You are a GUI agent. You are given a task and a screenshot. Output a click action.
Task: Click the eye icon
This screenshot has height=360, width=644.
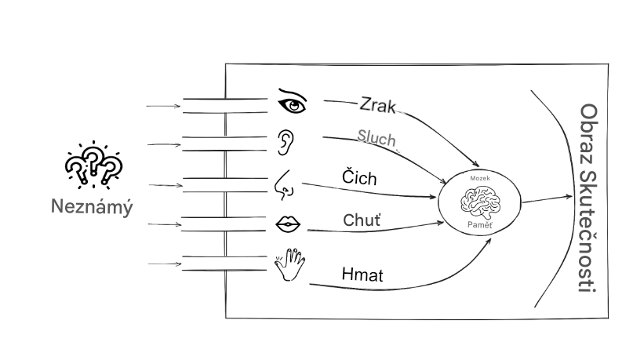[293, 101]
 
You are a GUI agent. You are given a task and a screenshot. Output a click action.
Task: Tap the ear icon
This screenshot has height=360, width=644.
[288, 140]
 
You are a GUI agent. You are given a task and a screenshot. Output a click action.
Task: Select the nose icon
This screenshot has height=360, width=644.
[285, 185]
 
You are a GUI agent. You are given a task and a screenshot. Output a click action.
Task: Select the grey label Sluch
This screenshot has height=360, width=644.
[377, 139]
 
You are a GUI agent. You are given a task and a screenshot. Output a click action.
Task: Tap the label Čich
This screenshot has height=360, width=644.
[359, 178]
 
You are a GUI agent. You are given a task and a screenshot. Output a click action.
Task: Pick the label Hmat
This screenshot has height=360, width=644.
[362, 275]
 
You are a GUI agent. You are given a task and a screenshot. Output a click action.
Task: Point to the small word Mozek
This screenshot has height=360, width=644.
[479, 180]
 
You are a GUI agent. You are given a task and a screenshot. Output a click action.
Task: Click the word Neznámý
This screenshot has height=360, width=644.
[92, 209]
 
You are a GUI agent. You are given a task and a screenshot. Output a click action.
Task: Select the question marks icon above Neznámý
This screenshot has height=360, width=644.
[93, 165]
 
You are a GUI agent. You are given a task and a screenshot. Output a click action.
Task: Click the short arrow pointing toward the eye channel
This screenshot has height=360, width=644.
[162, 104]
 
